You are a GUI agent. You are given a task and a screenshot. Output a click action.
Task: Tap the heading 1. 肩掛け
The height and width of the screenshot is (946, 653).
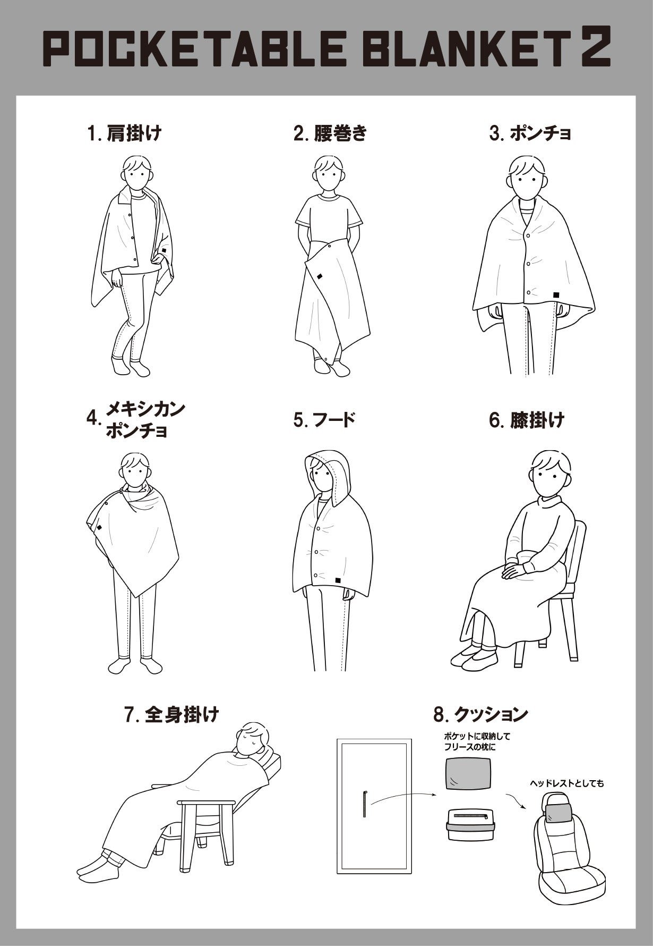click(124, 133)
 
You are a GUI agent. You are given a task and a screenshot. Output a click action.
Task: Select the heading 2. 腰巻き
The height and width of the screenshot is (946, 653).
click(330, 133)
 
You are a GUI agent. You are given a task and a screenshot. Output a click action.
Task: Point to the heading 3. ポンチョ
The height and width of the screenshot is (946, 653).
click(530, 133)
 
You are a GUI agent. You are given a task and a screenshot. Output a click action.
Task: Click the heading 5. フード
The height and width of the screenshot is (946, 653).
click(324, 420)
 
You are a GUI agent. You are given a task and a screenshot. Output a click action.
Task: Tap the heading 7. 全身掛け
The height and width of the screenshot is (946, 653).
click(171, 714)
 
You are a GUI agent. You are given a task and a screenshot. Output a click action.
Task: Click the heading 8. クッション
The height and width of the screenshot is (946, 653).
click(480, 714)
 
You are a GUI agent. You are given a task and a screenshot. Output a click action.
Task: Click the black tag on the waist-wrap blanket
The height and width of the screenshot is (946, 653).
click(320, 276)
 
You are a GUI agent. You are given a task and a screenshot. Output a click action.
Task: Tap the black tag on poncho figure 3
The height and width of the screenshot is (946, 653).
click(556, 294)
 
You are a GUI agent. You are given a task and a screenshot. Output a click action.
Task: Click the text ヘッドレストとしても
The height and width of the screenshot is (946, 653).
click(566, 783)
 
